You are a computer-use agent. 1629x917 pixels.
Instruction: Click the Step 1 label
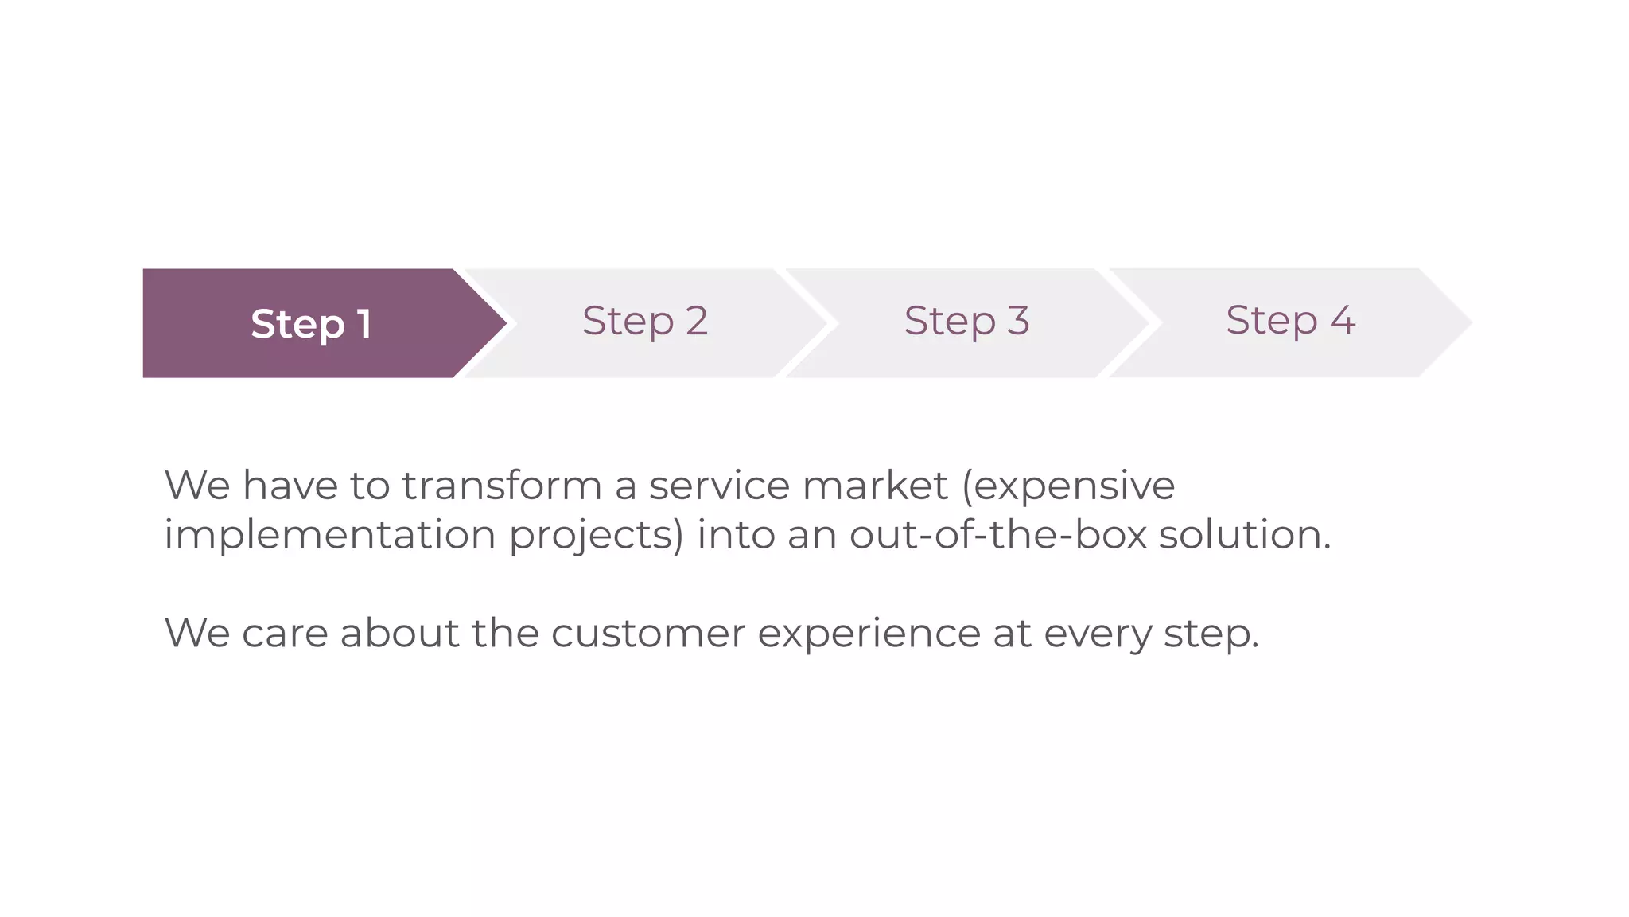(x=311, y=323)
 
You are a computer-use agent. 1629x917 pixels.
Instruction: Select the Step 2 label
(x=644, y=321)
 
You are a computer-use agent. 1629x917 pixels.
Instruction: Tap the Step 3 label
(x=966, y=321)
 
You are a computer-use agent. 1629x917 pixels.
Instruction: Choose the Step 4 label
(x=1290, y=321)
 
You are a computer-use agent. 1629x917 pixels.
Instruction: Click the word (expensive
(x=1068, y=486)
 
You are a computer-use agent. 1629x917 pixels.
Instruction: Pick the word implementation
(x=330, y=534)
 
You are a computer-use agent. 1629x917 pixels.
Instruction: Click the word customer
(x=648, y=634)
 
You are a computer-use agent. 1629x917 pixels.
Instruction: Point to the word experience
(x=869, y=635)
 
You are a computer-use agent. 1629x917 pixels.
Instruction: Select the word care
(x=285, y=634)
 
